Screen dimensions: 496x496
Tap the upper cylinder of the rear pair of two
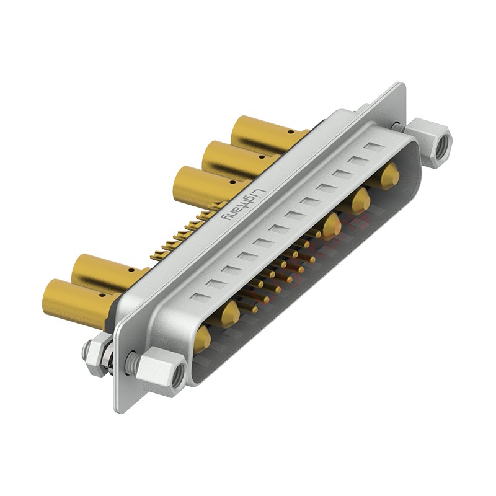[x=105, y=273]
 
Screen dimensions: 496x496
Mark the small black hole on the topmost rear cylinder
[x=287, y=132]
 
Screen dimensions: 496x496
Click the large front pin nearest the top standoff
[x=389, y=177]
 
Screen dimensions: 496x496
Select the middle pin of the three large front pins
[x=360, y=201]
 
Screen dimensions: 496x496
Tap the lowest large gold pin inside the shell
[x=202, y=339]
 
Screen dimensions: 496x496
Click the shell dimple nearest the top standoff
[x=374, y=147]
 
